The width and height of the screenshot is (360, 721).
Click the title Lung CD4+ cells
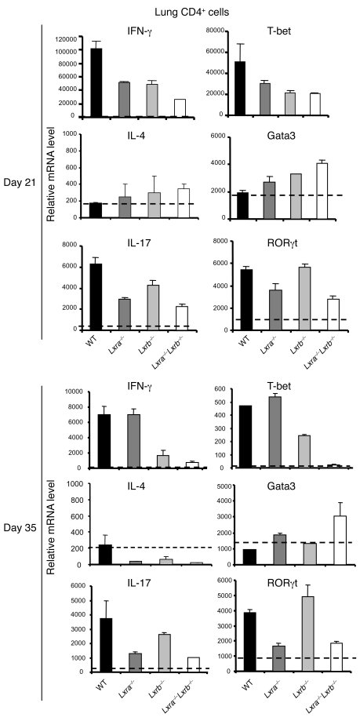pyautogui.click(x=179, y=9)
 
